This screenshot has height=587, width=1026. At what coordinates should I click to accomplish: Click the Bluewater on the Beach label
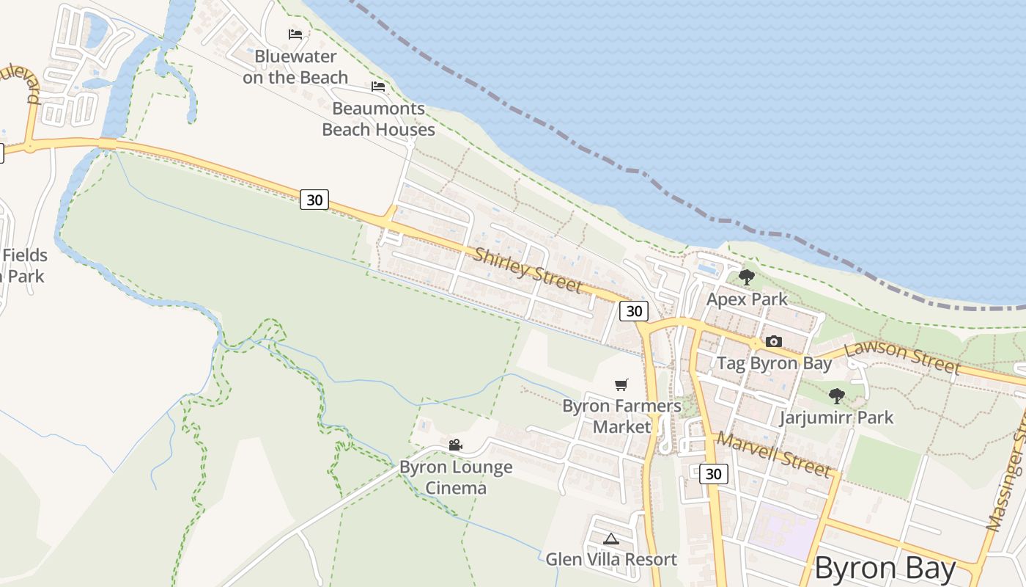295,67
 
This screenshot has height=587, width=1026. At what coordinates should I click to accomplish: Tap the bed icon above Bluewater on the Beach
295,34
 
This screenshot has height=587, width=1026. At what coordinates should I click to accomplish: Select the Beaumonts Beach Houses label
378,119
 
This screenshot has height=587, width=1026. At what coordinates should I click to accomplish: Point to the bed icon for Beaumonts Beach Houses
378,87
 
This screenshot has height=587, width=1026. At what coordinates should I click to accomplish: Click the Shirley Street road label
528,270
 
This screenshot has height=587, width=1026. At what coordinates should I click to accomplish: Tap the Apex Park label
747,299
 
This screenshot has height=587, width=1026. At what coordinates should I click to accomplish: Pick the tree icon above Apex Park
747,277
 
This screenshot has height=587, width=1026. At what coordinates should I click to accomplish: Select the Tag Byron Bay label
774,363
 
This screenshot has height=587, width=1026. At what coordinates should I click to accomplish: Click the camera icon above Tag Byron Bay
773,341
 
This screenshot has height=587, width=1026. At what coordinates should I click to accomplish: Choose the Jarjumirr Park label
836,418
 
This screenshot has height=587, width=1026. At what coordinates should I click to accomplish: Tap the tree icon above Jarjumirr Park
836,396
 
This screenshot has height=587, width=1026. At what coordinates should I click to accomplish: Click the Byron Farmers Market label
621,416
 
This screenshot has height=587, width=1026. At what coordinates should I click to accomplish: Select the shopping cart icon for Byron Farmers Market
621,384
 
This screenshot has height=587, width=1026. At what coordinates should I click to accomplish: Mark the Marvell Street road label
774,453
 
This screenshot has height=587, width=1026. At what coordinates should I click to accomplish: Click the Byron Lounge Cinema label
456,477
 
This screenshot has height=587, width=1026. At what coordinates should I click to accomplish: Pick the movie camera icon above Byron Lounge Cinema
455,445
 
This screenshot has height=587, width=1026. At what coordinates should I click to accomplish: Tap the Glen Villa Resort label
611,559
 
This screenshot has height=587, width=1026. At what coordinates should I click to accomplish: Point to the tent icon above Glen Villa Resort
611,539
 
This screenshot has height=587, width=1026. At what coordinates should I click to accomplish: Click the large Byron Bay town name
885,569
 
